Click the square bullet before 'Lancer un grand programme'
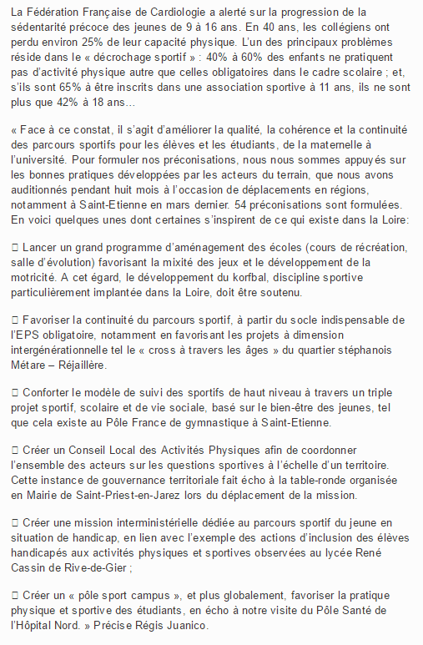click(x=16, y=249)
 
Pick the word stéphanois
click(x=379, y=351)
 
